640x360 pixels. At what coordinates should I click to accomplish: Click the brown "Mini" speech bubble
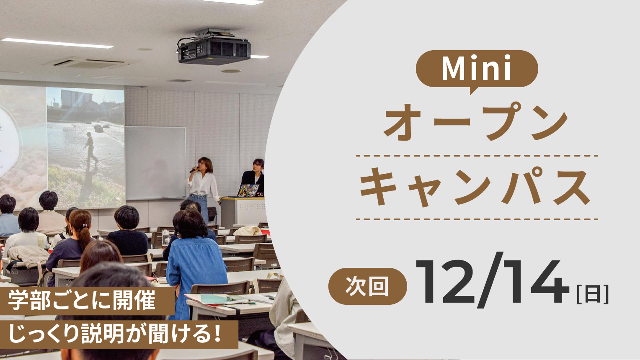pyautogui.click(x=477, y=69)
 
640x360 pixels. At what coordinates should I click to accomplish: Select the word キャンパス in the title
pyautogui.click(x=475, y=187)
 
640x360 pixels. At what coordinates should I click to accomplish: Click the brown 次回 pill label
pyautogui.click(x=367, y=286)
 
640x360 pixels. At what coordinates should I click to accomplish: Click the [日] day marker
pyautogui.click(x=592, y=294)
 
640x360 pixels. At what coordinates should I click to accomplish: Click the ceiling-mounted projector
pyautogui.click(x=214, y=47)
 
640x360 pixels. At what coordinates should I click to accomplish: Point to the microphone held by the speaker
pyautogui.click(x=194, y=170)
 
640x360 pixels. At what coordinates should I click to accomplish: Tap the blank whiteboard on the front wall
pyautogui.click(x=155, y=163)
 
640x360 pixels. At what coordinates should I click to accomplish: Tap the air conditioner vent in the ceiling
pyautogui.click(x=87, y=63)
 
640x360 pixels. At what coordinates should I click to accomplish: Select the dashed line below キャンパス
pyautogui.click(x=477, y=219)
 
